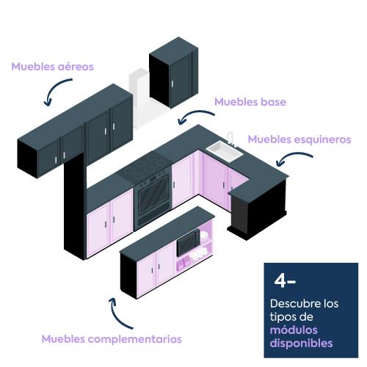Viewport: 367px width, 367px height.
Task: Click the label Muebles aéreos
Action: pyautogui.click(x=52, y=67)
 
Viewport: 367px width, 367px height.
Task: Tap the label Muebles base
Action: pyautogui.click(x=250, y=102)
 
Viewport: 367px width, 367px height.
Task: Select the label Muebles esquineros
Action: pyautogui.click(x=299, y=139)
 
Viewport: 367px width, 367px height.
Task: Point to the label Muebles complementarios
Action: pyautogui.click(x=112, y=339)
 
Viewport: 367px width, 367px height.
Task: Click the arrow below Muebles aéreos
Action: pyautogui.click(x=53, y=88)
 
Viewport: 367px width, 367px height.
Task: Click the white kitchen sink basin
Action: pyautogui.click(x=225, y=151)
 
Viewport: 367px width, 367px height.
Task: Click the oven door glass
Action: pyautogui.click(x=153, y=194)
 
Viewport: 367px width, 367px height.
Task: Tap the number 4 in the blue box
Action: pyautogui.click(x=280, y=280)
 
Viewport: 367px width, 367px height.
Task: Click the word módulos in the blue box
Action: pyautogui.click(x=294, y=330)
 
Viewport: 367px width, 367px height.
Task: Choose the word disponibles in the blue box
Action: pyautogui.click(x=301, y=343)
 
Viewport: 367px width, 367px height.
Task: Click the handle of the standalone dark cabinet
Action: pyautogui.click(x=172, y=84)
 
